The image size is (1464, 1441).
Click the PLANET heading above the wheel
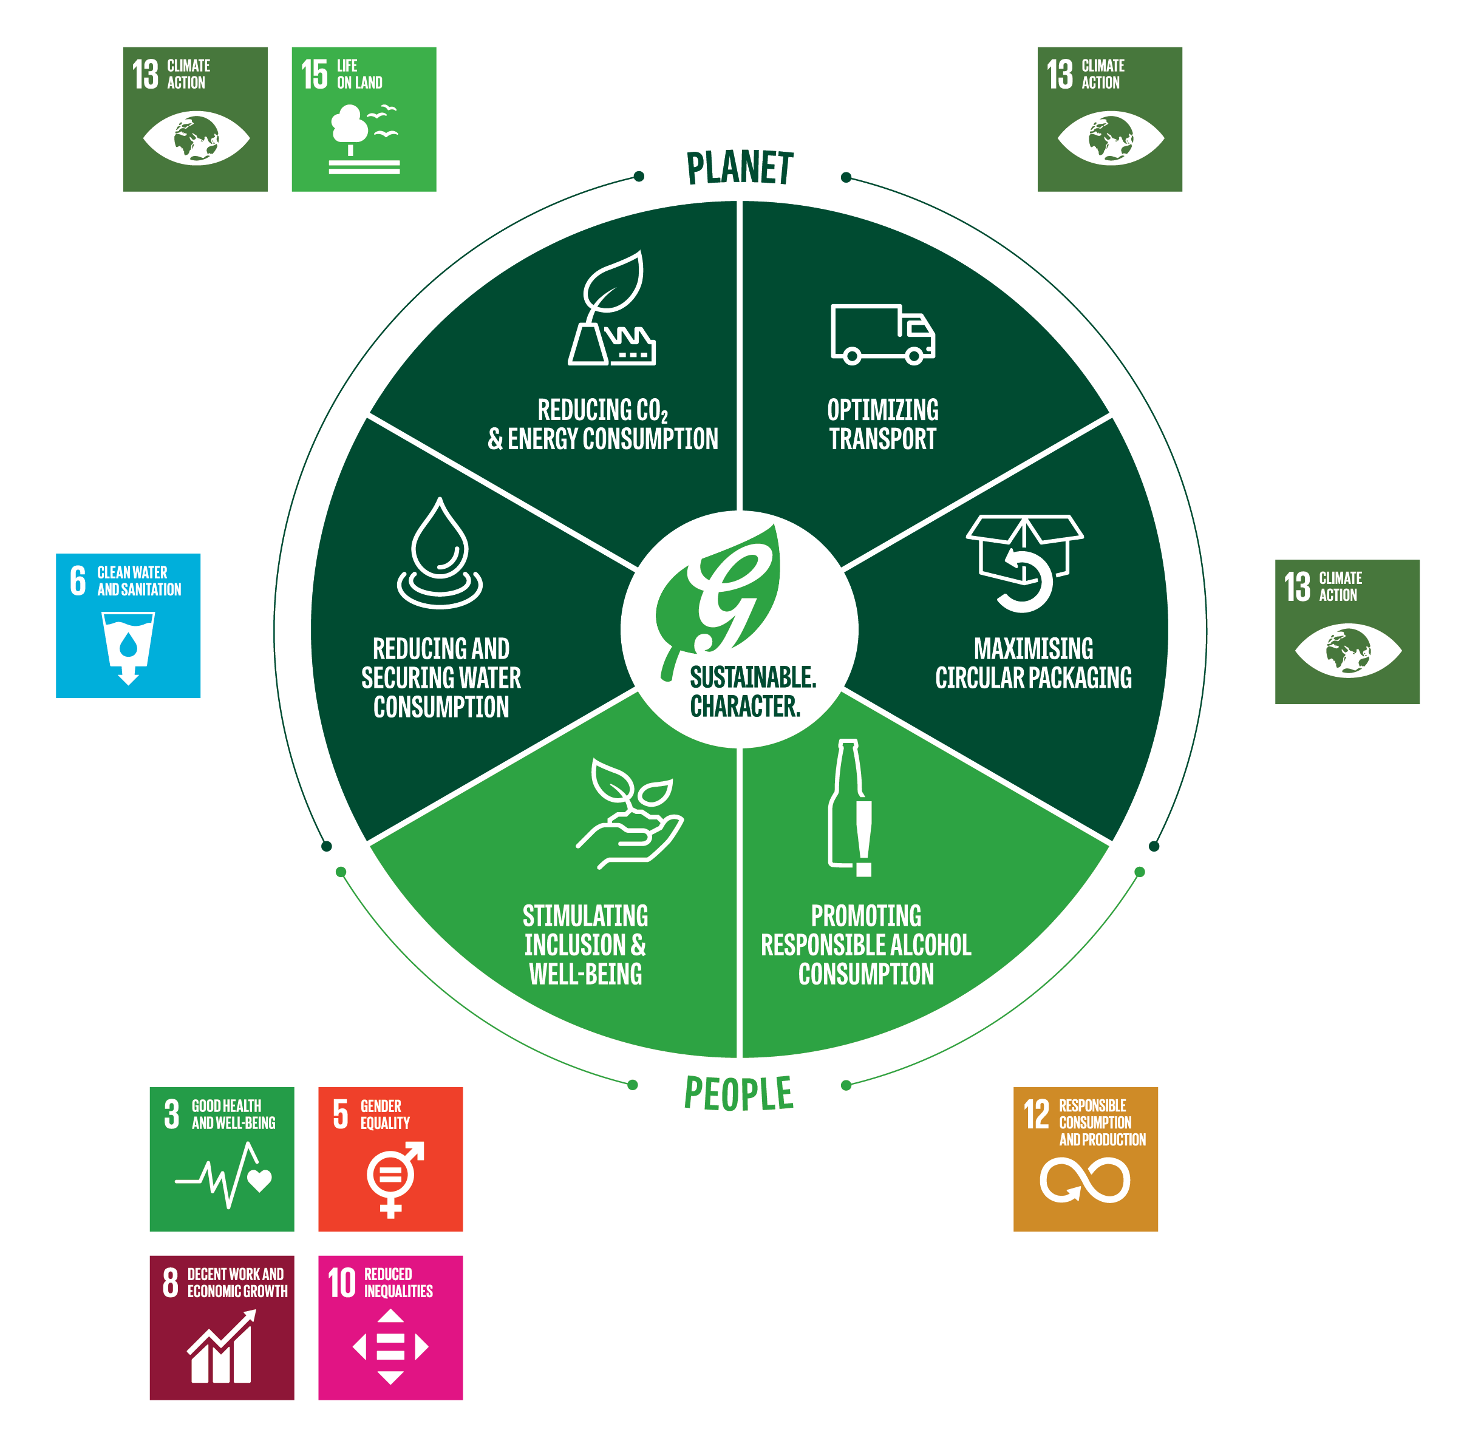(x=739, y=168)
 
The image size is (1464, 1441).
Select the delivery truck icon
(x=882, y=334)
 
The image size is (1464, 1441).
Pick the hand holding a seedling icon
(x=629, y=813)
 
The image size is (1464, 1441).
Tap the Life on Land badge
(x=363, y=119)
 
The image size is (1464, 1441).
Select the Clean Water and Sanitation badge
(x=128, y=625)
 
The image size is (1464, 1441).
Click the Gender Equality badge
(x=390, y=1159)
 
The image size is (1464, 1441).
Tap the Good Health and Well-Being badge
(x=221, y=1159)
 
